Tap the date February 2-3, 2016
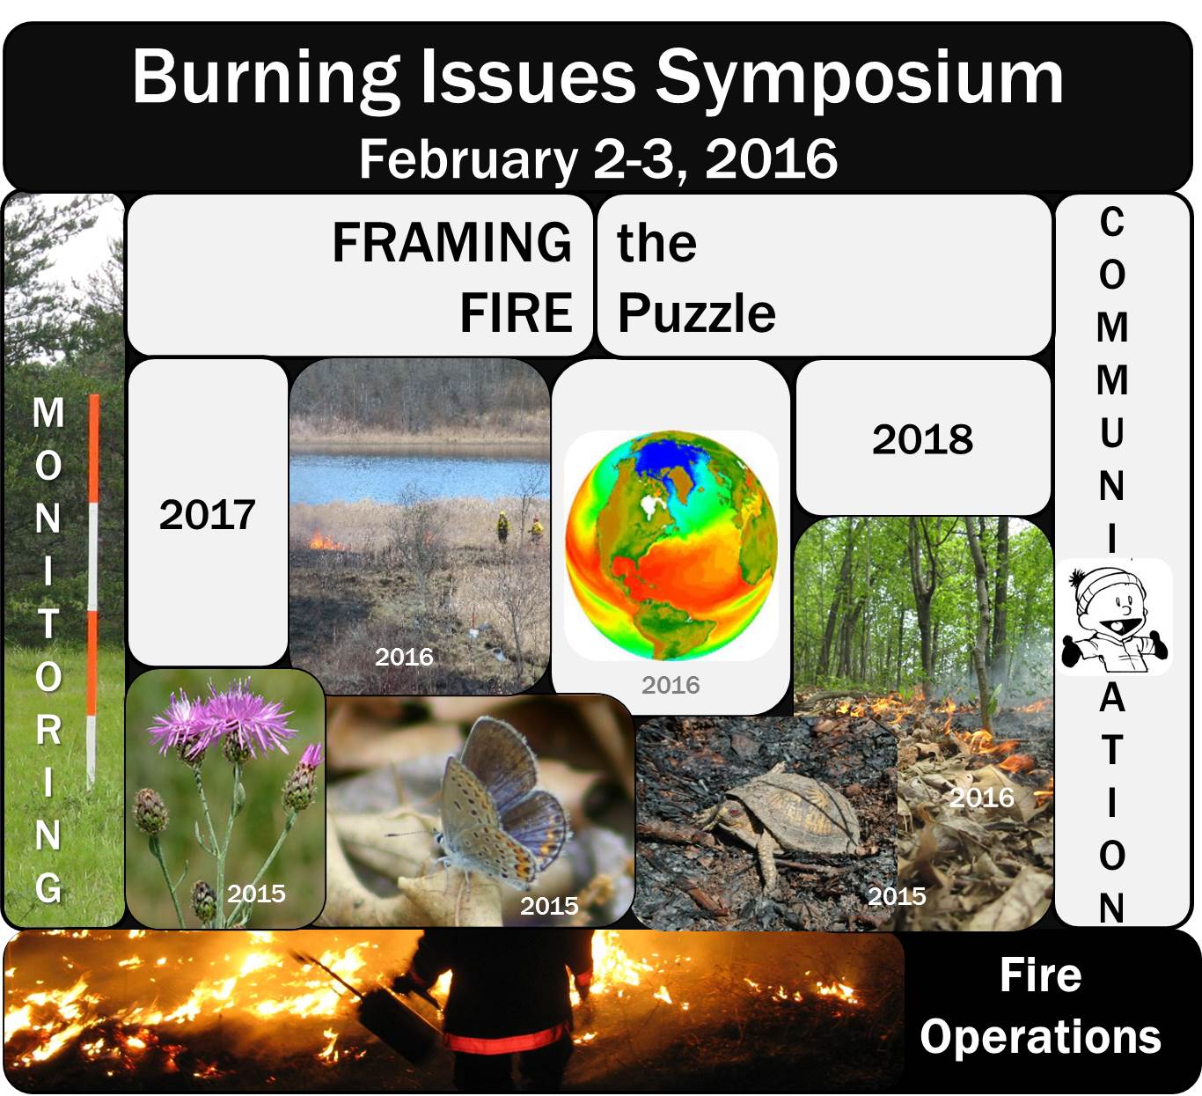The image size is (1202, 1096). (598, 158)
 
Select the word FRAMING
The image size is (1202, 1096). (451, 242)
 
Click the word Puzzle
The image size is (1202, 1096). (696, 313)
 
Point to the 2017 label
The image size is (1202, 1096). (208, 515)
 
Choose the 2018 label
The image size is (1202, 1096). (923, 439)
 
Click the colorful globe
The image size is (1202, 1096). (671, 545)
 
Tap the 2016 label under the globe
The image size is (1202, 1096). (671, 685)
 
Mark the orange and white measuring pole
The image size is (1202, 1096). (93, 591)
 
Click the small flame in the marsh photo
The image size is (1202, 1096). (326, 542)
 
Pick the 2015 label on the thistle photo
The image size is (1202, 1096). (256, 894)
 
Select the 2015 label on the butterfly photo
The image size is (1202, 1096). (549, 906)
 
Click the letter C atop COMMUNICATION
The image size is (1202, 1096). (1112, 222)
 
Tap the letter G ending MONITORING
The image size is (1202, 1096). (48, 888)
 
